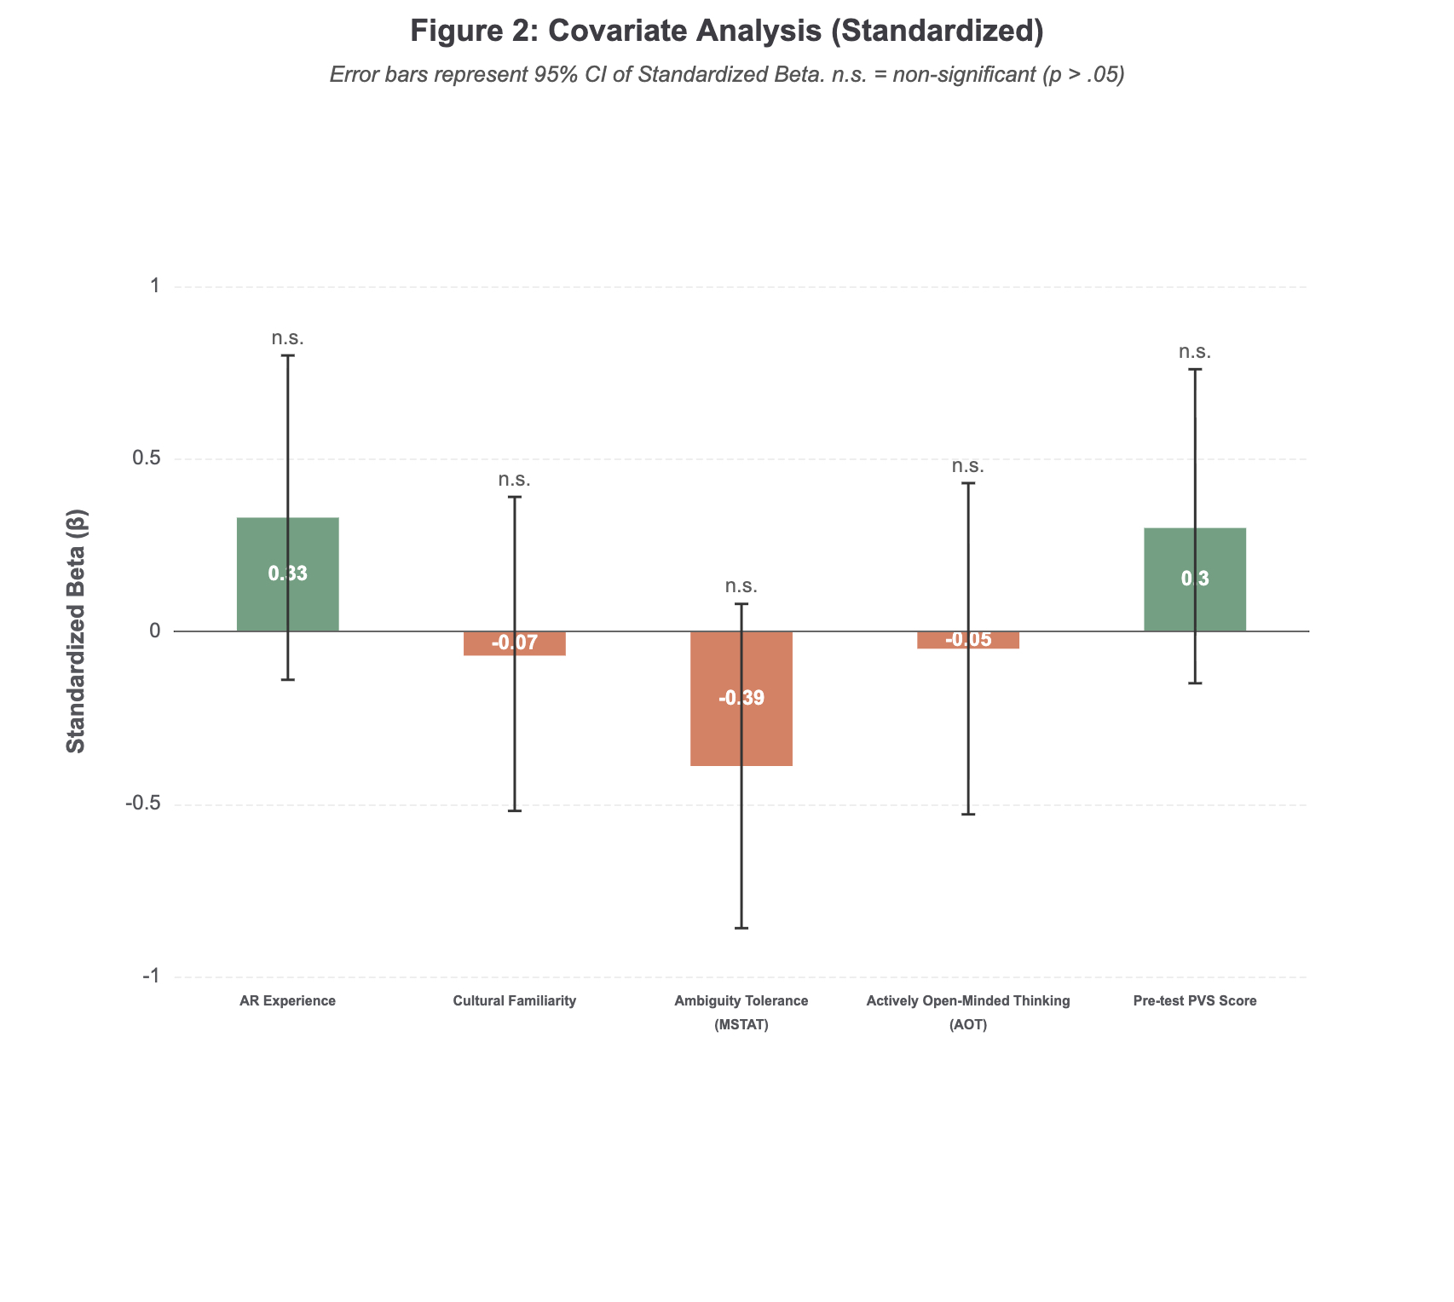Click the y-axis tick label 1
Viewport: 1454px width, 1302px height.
155,285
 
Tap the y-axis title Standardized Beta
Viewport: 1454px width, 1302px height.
76,631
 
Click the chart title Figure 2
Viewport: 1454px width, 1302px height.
727,32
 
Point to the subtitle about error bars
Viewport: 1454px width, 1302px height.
727,75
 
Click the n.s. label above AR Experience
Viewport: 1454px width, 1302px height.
288,338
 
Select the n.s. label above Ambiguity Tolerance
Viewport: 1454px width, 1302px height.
741,586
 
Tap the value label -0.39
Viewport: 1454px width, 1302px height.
741,699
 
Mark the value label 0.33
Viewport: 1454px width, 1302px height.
288,574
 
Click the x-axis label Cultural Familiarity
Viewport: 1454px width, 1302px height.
515,1001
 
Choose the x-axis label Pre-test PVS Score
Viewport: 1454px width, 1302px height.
1195,1001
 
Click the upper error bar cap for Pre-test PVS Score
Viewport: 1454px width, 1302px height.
1195,370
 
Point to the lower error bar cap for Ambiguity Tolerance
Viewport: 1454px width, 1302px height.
741,928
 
